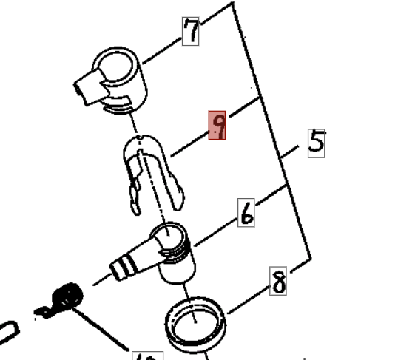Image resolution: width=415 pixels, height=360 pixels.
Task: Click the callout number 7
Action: (x=191, y=30)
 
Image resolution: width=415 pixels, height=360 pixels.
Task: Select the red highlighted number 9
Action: (x=217, y=126)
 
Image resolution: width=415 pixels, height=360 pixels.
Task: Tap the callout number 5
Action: (x=316, y=140)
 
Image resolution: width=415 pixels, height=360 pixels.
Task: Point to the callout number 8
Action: (x=278, y=281)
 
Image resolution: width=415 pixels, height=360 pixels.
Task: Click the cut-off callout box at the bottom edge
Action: (x=148, y=355)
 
